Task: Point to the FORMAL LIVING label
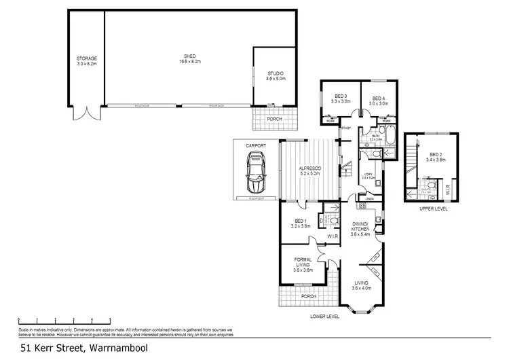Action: click(303, 262)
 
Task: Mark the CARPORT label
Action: click(256, 146)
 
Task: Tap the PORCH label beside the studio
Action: click(275, 119)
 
